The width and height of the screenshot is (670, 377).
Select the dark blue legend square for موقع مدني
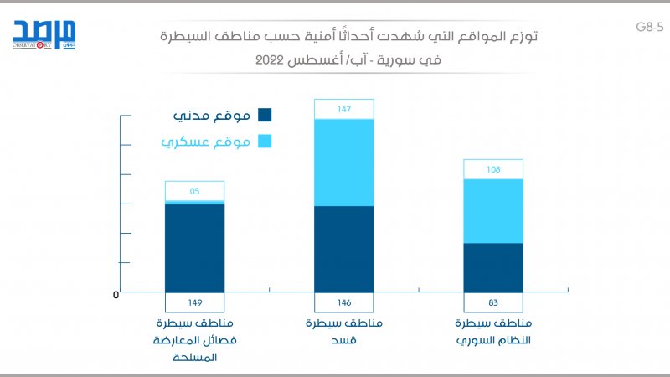[265, 116]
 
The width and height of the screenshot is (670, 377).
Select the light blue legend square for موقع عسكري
[265, 142]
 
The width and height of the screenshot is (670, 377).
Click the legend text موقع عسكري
[206, 142]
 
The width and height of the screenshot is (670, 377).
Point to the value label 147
[343, 109]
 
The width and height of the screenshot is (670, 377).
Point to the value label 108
[493, 169]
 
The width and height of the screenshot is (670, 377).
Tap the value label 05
[194, 191]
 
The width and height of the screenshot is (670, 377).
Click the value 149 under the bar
[194, 302]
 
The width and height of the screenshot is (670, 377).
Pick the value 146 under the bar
[343, 302]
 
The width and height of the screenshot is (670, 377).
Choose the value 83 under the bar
[493, 302]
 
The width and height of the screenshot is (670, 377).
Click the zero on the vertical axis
[116, 295]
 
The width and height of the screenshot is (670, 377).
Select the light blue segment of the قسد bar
[343, 163]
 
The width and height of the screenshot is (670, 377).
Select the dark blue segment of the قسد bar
[343, 249]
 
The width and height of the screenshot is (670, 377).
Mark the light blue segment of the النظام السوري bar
[493, 211]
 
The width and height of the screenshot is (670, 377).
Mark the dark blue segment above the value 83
[493, 267]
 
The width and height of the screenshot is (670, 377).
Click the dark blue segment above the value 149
[194, 248]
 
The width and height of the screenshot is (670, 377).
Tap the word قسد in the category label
[343, 341]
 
